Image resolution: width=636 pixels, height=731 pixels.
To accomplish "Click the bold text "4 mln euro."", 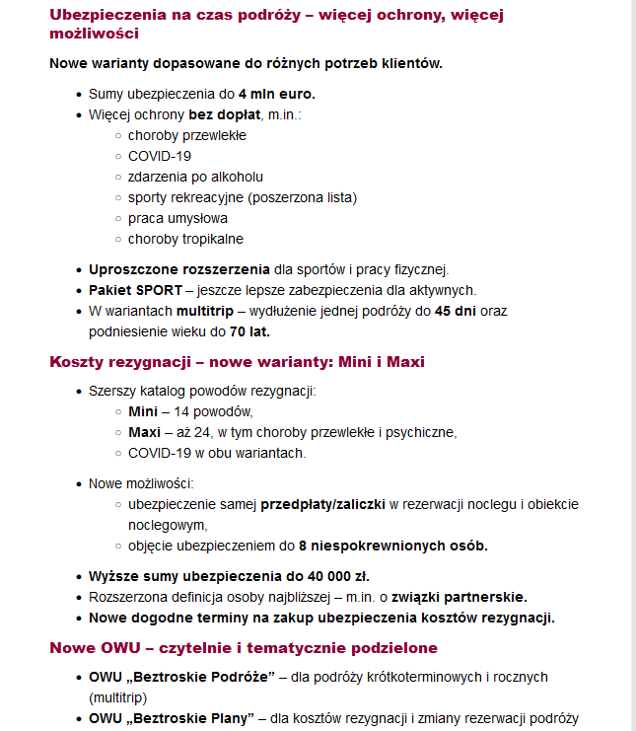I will coord(276,95).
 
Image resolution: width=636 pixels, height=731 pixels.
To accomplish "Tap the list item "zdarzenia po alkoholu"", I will coord(195,177).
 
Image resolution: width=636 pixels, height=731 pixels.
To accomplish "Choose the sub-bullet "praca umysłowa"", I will coord(177,218).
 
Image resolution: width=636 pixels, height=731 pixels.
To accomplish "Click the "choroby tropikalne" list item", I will coord(185,239).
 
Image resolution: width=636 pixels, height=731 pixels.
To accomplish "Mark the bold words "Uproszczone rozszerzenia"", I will coord(179,269).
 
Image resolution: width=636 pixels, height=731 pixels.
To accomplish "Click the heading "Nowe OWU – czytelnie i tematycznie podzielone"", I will coord(244,648).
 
